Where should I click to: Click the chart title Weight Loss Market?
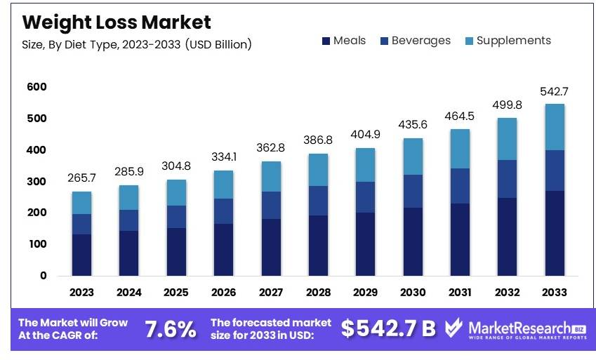pos(116,22)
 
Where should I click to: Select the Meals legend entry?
pos(344,41)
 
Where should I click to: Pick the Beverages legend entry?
pos(414,41)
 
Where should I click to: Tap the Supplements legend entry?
pos(508,41)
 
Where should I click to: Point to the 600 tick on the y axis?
pos(37,87)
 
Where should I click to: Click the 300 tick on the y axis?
pos(37,182)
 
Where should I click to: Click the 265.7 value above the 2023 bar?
pos(81,178)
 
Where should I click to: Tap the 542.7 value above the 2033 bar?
pos(554,91)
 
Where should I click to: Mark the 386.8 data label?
pos(318,140)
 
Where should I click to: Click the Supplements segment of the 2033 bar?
pos(555,127)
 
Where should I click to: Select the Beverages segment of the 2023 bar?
pos(81,224)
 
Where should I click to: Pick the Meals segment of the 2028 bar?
pos(318,245)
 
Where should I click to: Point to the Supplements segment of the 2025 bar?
pos(176,192)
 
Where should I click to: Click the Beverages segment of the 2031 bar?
pos(460,186)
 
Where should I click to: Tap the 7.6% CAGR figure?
pos(170,328)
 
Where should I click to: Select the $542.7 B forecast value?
pos(388,328)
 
